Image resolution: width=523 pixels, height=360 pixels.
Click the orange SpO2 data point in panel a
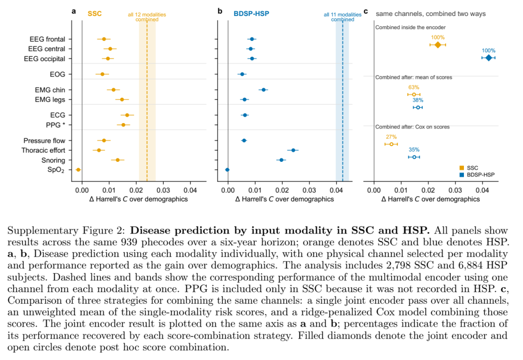pyautogui.click(x=78, y=170)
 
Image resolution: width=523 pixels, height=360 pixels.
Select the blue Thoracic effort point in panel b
pyautogui.click(x=293, y=150)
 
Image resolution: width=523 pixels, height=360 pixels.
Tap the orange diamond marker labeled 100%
pyautogui.click(x=438, y=45)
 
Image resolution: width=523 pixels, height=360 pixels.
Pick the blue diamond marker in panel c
pyautogui.click(x=489, y=58)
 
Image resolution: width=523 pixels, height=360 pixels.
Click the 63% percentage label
pyautogui.click(x=414, y=87)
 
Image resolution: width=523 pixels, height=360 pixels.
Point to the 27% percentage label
pyautogui.click(x=391, y=137)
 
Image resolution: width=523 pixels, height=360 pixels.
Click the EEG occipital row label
pyautogui.click(x=45, y=59)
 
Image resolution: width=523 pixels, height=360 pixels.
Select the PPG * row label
pyautogui.click(x=55, y=125)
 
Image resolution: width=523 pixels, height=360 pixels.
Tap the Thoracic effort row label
pyautogui.click(x=44, y=151)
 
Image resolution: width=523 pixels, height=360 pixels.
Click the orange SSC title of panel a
pyautogui.click(x=94, y=14)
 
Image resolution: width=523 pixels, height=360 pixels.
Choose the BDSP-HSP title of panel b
pyautogui.click(x=251, y=14)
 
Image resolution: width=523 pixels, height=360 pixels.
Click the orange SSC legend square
pyautogui.click(x=461, y=168)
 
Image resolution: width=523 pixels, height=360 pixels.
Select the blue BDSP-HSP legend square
pyautogui.click(x=461, y=174)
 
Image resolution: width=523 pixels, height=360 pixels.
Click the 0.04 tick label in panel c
pyautogui.click(x=482, y=190)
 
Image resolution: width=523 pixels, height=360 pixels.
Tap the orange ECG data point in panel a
pyautogui.click(x=127, y=115)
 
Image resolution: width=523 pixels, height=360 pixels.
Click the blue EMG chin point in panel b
pyautogui.click(x=263, y=90)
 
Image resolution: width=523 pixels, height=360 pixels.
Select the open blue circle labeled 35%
pyautogui.click(x=414, y=157)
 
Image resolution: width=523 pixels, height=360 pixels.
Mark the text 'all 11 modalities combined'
pyautogui.click(x=342, y=17)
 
